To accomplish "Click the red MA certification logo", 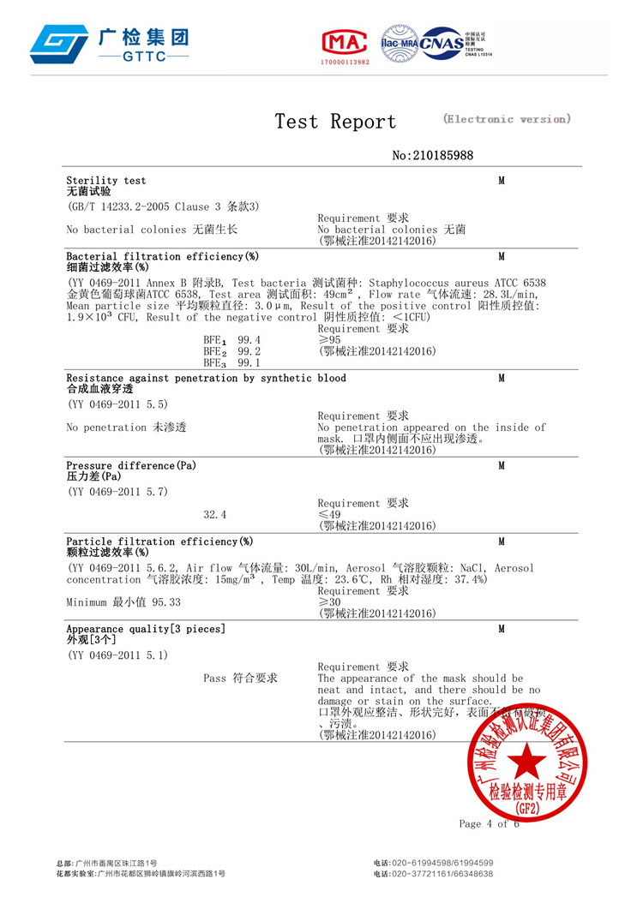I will click(x=343, y=41).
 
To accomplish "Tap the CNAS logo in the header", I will click(x=439, y=41).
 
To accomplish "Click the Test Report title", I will click(x=335, y=122).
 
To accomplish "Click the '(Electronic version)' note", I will click(x=506, y=119).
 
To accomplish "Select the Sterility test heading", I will click(x=106, y=181).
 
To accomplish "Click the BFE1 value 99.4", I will click(x=249, y=341).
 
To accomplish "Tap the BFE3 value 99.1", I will click(x=249, y=362).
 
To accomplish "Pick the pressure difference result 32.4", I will click(x=215, y=515).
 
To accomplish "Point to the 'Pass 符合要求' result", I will click(x=240, y=678).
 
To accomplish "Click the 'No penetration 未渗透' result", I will click(x=127, y=427).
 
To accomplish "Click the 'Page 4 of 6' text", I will click(x=489, y=824).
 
